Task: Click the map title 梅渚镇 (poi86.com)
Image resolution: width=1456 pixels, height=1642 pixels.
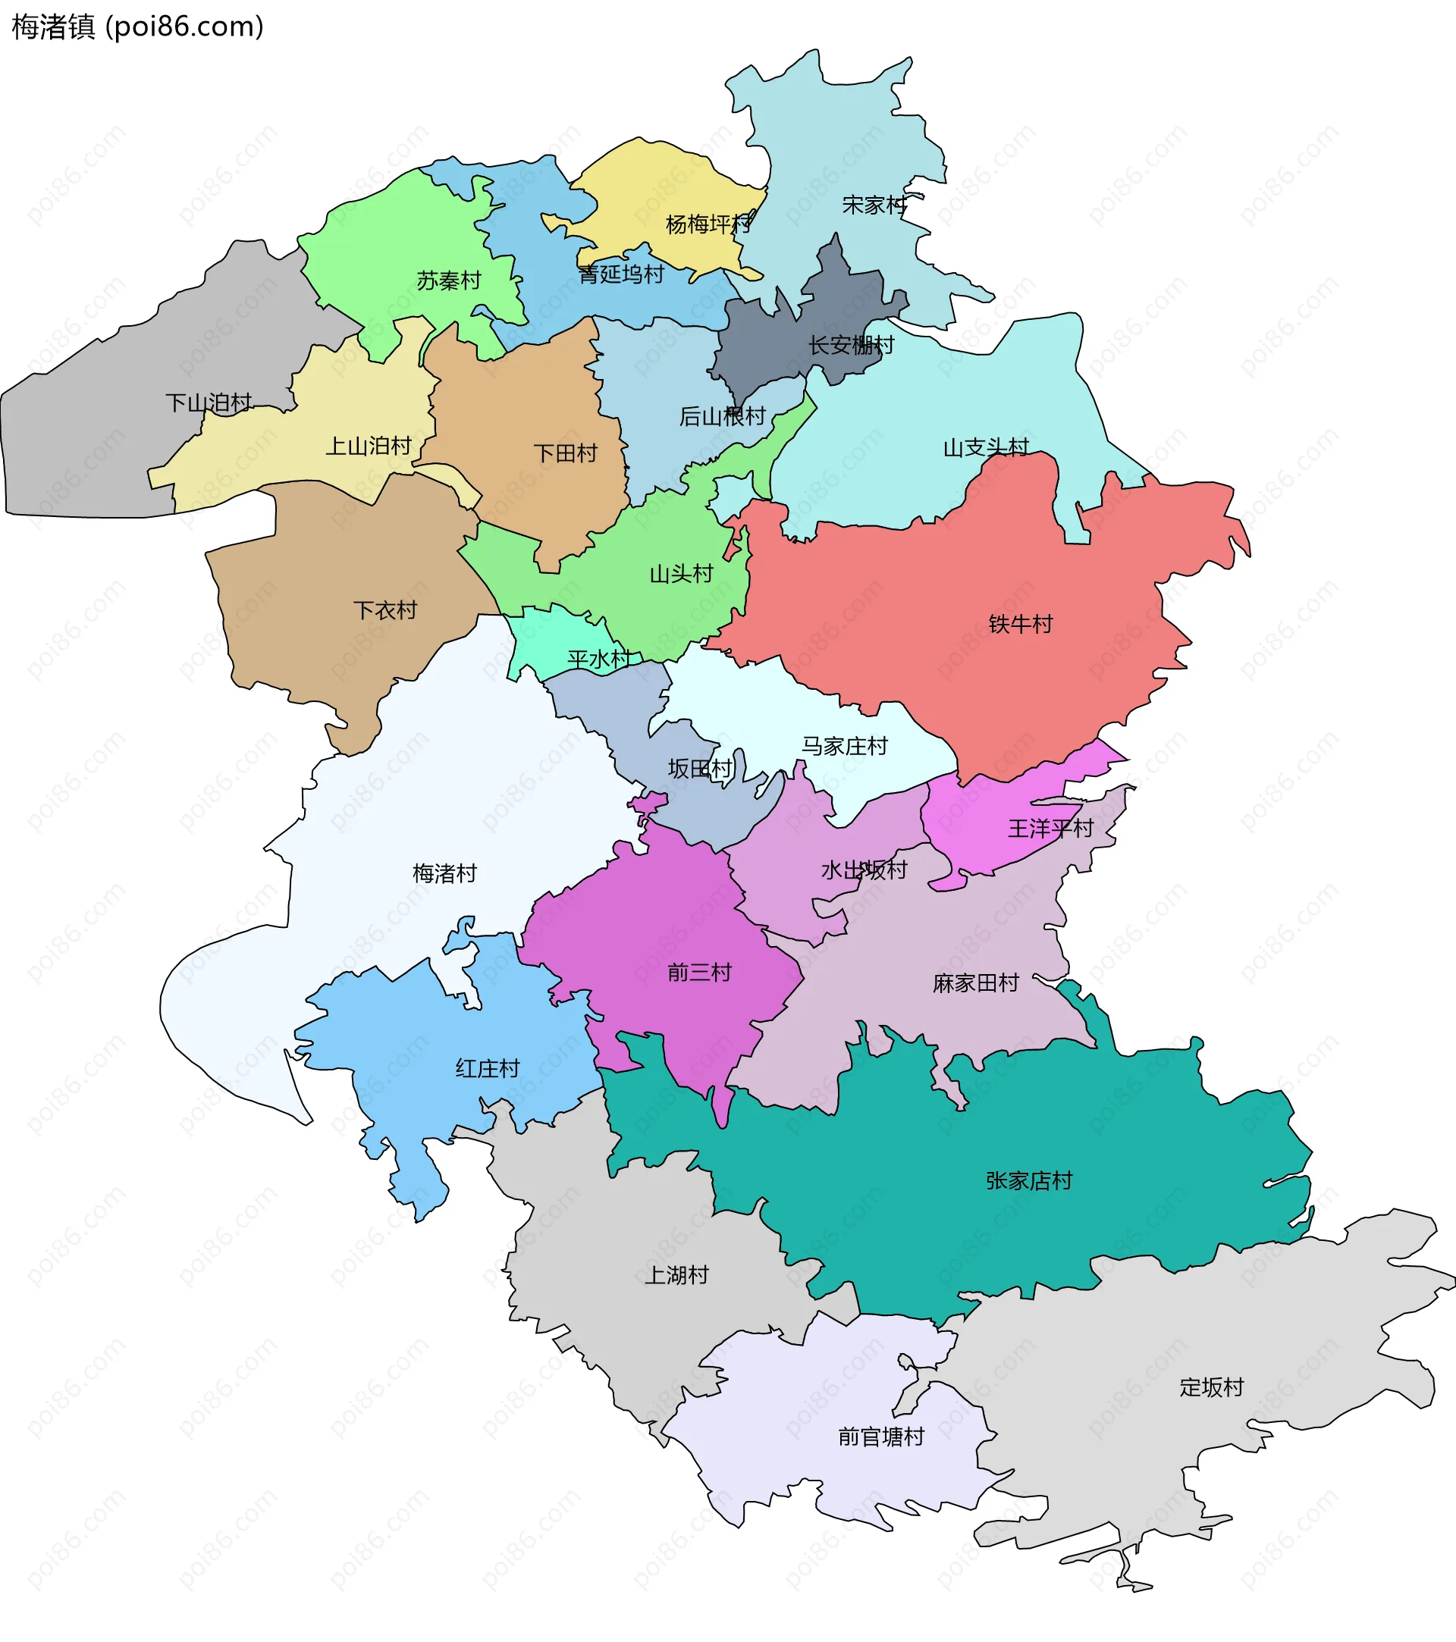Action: coord(137,27)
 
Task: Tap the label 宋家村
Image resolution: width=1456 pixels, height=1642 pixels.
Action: coord(874,205)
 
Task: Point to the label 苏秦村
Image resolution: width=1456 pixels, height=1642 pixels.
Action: coord(448,280)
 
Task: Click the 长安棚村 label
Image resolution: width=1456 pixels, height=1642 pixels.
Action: coord(851,345)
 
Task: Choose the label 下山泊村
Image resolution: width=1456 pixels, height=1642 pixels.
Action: coord(208,403)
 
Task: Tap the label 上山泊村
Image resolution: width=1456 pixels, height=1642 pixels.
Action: coord(368,445)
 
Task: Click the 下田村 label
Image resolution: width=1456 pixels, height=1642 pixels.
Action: coord(566,453)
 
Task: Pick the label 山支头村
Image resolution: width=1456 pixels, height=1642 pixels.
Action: coord(985,447)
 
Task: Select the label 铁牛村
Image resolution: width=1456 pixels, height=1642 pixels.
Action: coord(1020,624)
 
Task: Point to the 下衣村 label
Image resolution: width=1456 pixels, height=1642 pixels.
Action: coord(385,610)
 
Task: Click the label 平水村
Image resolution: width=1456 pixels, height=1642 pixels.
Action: coord(598,660)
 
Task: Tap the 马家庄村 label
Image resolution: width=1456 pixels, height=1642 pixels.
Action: coord(844,746)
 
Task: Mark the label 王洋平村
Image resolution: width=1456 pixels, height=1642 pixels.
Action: coord(1050,829)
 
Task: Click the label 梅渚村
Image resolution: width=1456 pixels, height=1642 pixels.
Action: coord(444,873)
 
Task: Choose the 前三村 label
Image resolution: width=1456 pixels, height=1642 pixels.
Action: coord(699,973)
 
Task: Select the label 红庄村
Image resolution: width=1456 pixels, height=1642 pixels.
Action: coord(487,1068)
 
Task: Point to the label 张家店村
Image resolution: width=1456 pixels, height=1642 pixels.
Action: coord(1028,1181)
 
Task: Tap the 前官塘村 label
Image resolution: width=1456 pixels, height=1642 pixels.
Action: coord(880,1437)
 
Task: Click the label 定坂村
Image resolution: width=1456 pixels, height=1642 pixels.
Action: coord(1211,1387)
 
